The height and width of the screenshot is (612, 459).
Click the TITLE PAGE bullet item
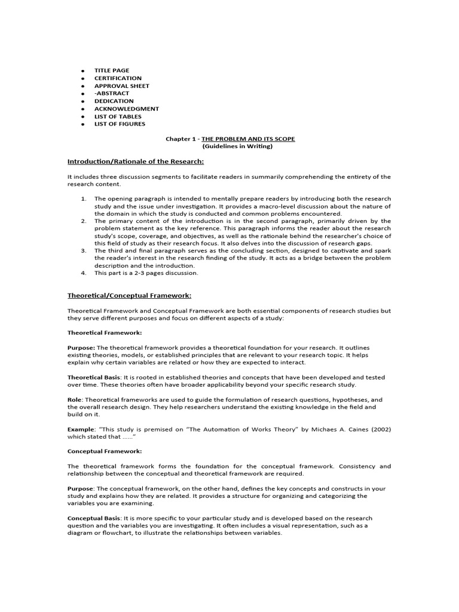111,71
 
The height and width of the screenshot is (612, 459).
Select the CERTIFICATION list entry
118,78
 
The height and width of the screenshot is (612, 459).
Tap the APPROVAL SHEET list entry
121,86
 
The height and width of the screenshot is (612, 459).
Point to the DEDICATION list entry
114,102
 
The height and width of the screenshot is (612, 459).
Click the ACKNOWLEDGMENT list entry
126,109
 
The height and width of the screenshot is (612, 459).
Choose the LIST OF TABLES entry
118,117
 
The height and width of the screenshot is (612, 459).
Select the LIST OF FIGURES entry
120,124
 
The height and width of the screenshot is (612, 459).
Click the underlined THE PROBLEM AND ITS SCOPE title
248,139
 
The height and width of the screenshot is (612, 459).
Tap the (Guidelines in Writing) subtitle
229,146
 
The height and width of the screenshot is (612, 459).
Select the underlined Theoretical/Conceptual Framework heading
129,295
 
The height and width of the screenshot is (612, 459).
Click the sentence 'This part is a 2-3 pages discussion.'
146,273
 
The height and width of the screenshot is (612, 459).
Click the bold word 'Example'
80,429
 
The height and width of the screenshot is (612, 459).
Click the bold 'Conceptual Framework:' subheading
105,451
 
